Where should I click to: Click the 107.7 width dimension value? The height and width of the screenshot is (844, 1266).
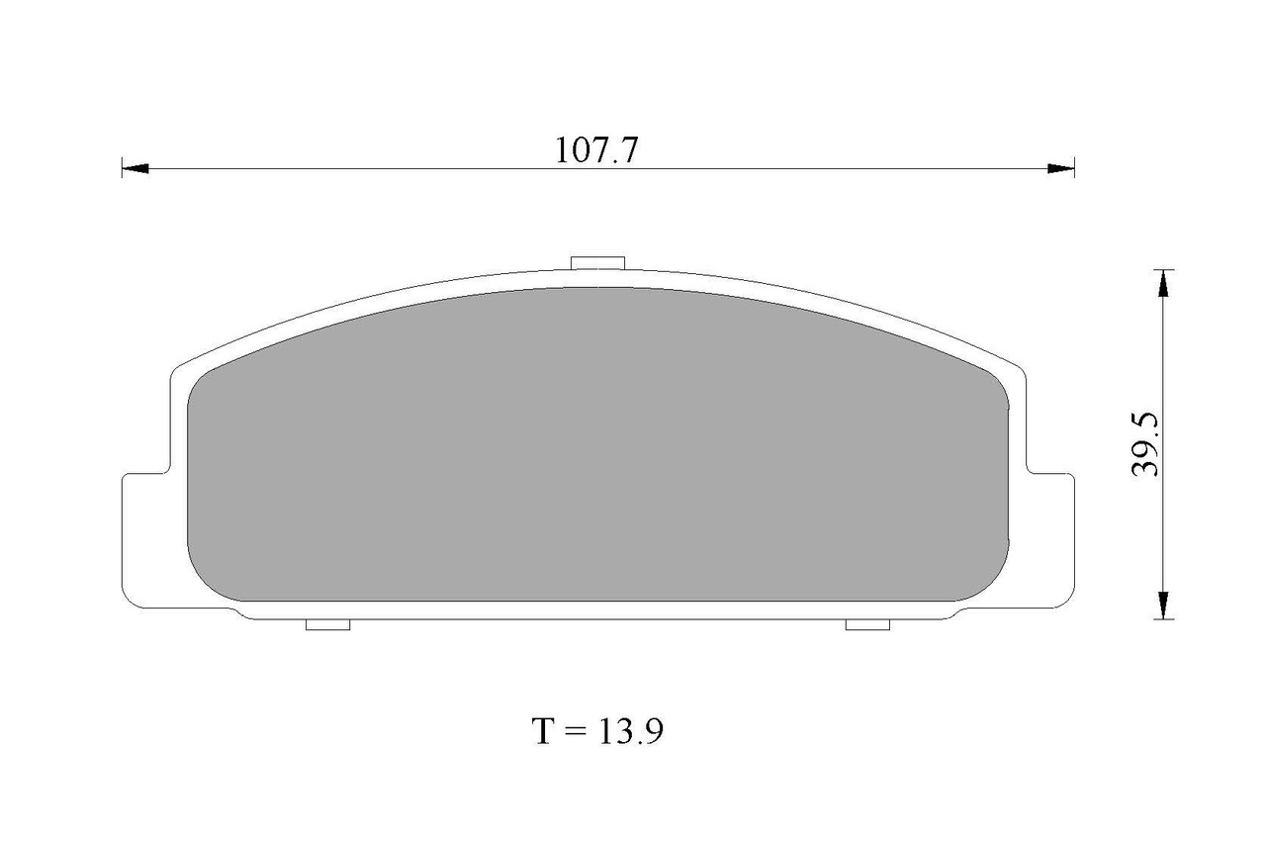(597, 150)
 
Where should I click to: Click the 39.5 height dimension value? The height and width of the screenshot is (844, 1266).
(1144, 445)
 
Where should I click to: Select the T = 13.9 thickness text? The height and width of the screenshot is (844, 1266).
(597, 731)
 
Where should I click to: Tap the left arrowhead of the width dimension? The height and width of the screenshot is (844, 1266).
(135, 168)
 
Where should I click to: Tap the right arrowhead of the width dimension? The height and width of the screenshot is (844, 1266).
(1061, 168)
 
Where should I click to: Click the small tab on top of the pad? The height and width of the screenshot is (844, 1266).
(598, 262)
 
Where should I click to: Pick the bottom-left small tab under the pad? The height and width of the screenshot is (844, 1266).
(328, 624)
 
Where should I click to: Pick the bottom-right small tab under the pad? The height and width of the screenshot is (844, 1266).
(868, 624)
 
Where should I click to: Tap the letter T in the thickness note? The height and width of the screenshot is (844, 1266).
(543, 732)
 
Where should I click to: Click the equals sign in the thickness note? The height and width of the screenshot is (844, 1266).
(576, 732)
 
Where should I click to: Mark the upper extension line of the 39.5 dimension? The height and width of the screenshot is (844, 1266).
(1163, 269)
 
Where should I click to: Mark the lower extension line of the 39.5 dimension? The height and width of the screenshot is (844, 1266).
(1163, 619)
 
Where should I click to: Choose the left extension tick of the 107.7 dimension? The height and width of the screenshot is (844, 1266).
(122, 168)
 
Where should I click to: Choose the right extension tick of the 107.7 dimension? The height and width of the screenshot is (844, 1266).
(1074, 168)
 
